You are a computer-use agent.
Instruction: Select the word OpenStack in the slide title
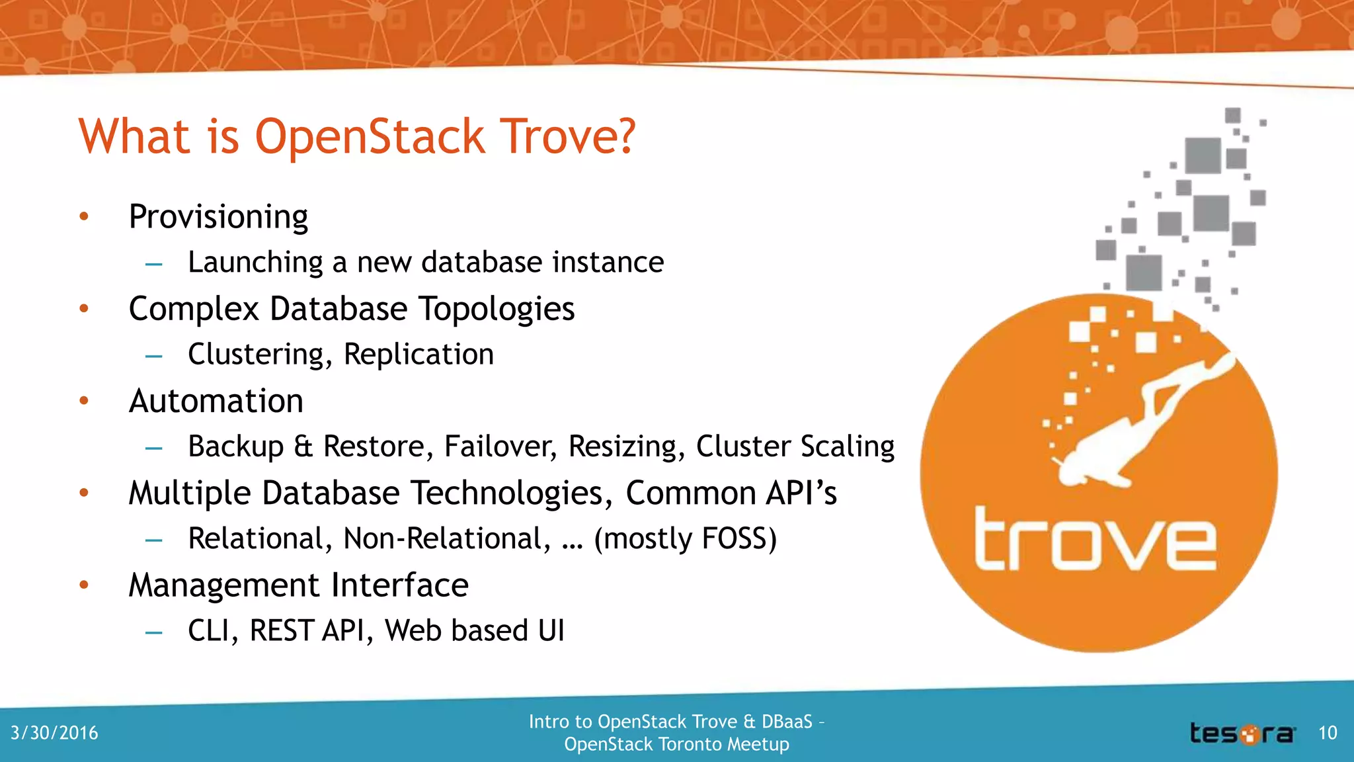370,137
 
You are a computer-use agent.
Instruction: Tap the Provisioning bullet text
218,217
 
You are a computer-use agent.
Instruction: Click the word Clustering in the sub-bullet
259,355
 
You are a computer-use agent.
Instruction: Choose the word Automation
216,401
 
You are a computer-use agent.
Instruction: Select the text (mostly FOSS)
685,538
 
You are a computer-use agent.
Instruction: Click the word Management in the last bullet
225,585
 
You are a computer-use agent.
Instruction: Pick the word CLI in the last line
212,630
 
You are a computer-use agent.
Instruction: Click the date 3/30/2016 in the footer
54,733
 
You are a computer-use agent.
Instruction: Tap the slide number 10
1328,733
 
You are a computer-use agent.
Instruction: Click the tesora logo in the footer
1242,734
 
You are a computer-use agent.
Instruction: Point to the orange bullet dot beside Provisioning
84,216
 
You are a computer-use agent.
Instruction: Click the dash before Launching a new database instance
154,264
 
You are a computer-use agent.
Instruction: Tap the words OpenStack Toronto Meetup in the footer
676,744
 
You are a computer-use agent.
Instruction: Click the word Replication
418,355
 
